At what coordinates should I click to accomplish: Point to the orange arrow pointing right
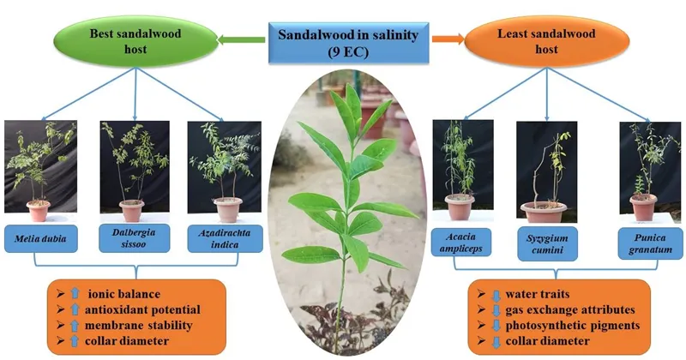click(445, 39)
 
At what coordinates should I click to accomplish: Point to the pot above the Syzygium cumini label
click(544, 211)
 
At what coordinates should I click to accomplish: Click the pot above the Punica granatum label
click(643, 207)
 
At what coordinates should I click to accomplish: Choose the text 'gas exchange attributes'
click(576, 309)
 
